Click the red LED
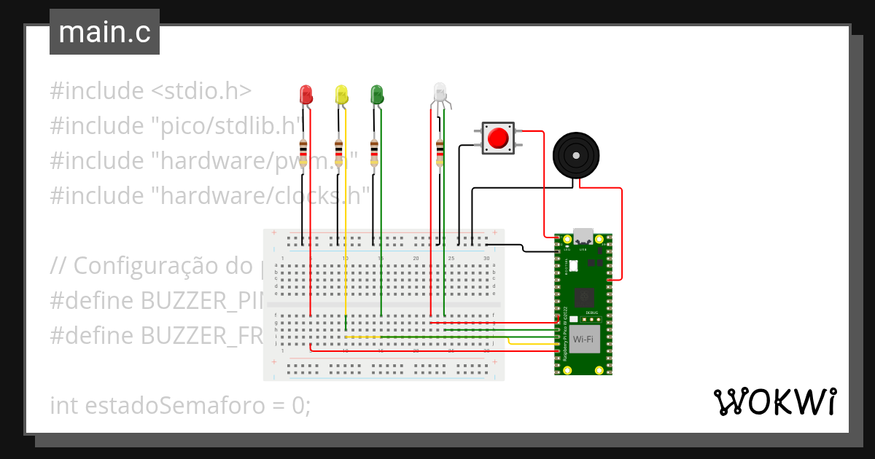(x=306, y=93)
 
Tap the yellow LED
(x=341, y=93)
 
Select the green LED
(x=377, y=93)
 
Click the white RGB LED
(x=440, y=92)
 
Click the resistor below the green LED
(x=374, y=152)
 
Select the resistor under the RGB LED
(x=439, y=152)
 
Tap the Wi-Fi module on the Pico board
(x=583, y=340)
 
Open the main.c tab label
(x=104, y=32)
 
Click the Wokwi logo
(x=774, y=402)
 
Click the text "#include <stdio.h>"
(x=151, y=91)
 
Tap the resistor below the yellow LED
(x=338, y=152)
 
